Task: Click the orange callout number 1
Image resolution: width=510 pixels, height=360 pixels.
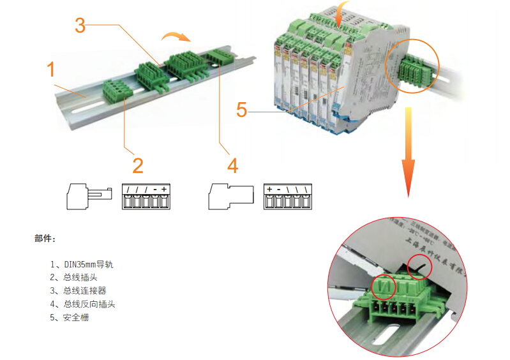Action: [x=52, y=69]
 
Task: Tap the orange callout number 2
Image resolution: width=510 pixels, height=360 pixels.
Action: [x=138, y=165]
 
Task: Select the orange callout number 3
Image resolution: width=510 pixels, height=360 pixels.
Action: [x=80, y=26]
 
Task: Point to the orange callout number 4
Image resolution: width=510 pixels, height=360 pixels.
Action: [x=232, y=166]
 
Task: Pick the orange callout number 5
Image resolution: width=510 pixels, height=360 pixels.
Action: [x=241, y=110]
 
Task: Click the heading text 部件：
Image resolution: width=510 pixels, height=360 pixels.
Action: [x=45, y=239]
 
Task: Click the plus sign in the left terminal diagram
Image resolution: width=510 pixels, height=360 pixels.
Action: [x=164, y=190]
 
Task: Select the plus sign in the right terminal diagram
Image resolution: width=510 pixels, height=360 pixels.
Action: [x=269, y=190]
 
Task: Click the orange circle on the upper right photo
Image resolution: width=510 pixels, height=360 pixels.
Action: [x=414, y=66]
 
